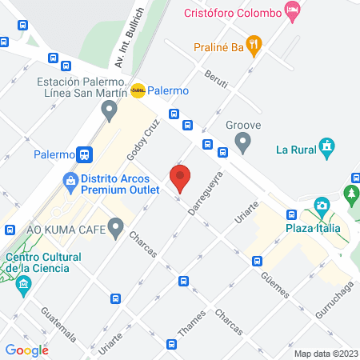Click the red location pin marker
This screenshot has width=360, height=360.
coord(180,177)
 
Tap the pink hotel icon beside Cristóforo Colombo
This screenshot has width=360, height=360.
coord(293,12)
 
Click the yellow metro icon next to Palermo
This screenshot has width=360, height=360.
coord(138,90)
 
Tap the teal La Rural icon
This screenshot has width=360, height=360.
coord(326,147)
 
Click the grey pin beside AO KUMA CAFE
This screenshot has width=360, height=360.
coord(116,230)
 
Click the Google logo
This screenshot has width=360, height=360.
coord(27,350)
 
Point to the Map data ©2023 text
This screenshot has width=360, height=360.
coord(326,354)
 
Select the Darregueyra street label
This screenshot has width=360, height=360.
coord(204,192)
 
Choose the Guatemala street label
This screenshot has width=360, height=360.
coord(59,322)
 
